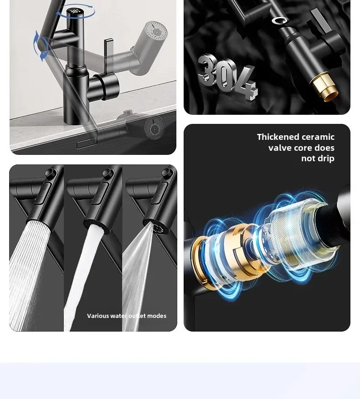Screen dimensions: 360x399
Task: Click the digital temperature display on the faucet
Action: [x=75, y=11]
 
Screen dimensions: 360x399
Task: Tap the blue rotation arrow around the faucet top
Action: [x=75, y=16]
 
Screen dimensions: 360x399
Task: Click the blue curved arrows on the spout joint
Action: [x=41, y=46]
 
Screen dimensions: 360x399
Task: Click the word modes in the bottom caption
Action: [x=157, y=316]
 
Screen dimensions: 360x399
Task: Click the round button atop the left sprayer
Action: [x=51, y=173]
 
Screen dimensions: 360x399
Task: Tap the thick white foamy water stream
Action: [x=84, y=277]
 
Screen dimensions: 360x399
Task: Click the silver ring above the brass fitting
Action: [x=279, y=20]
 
